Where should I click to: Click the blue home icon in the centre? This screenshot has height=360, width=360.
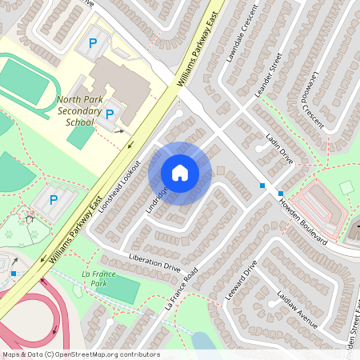click(x=180, y=173)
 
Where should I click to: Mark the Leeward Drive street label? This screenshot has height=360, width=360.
click(x=239, y=279)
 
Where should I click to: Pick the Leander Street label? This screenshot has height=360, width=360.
click(x=269, y=76)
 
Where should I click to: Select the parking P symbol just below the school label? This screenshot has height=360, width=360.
click(x=110, y=114)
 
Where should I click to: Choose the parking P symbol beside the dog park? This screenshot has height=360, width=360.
click(x=54, y=199)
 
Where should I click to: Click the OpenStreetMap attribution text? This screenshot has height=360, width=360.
click(x=80, y=354)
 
